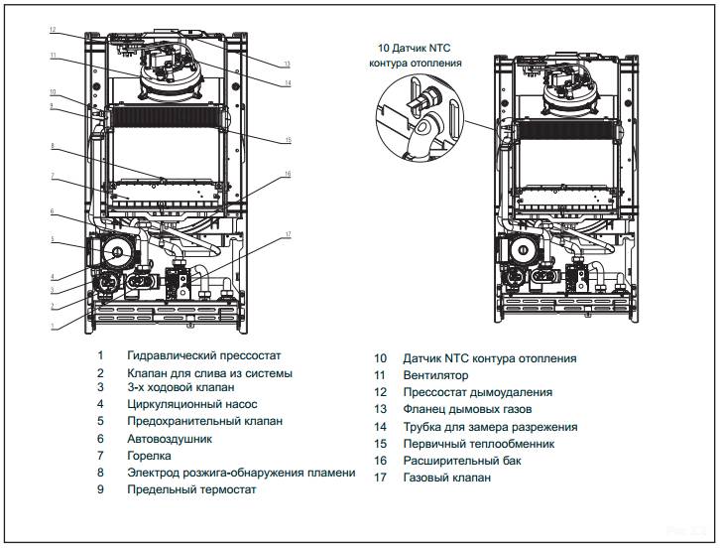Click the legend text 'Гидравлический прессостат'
point(204,355)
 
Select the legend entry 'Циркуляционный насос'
point(191,405)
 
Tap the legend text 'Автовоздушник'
point(170,438)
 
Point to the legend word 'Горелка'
point(149,455)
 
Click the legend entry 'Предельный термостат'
point(191,488)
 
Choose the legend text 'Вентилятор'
point(435,375)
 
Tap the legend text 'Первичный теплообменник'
point(478,444)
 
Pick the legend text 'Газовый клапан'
point(445,478)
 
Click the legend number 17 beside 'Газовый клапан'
point(380,478)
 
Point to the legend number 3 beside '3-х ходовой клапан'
point(100,388)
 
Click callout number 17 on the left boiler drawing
point(287,235)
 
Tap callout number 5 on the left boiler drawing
point(54,239)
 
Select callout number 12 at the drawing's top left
point(53,31)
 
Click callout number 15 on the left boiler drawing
point(287,140)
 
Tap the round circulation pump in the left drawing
point(116,254)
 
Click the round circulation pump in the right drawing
point(522,251)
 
